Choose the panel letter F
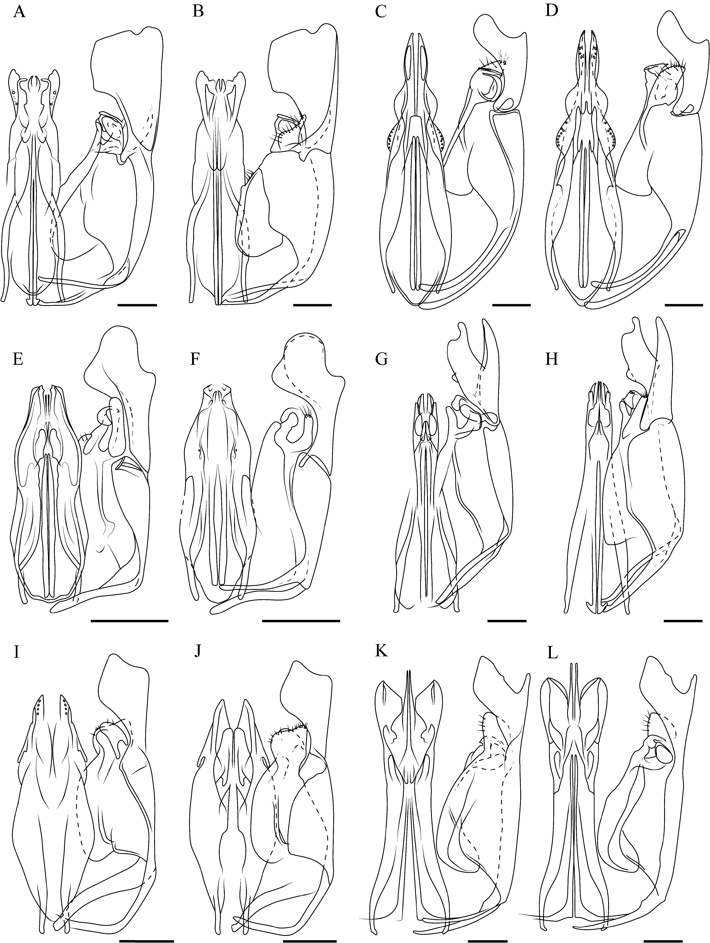pos(197,360)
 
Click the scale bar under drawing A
pos(137,305)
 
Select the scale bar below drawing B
pos(312,305)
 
